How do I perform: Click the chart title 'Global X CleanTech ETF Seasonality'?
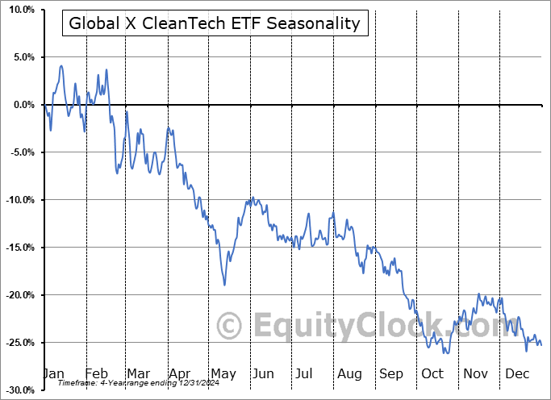coord(215,23)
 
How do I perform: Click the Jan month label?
coord(53,373)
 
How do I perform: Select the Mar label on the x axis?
coord(139,373)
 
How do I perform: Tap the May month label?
coord(223,373)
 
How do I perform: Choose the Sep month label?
coord(391,373)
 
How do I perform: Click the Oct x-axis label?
coord(432,373)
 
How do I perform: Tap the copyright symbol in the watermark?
coord(230,326)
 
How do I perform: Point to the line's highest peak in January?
coord(61,66)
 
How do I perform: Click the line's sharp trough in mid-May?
coord(224,284)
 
